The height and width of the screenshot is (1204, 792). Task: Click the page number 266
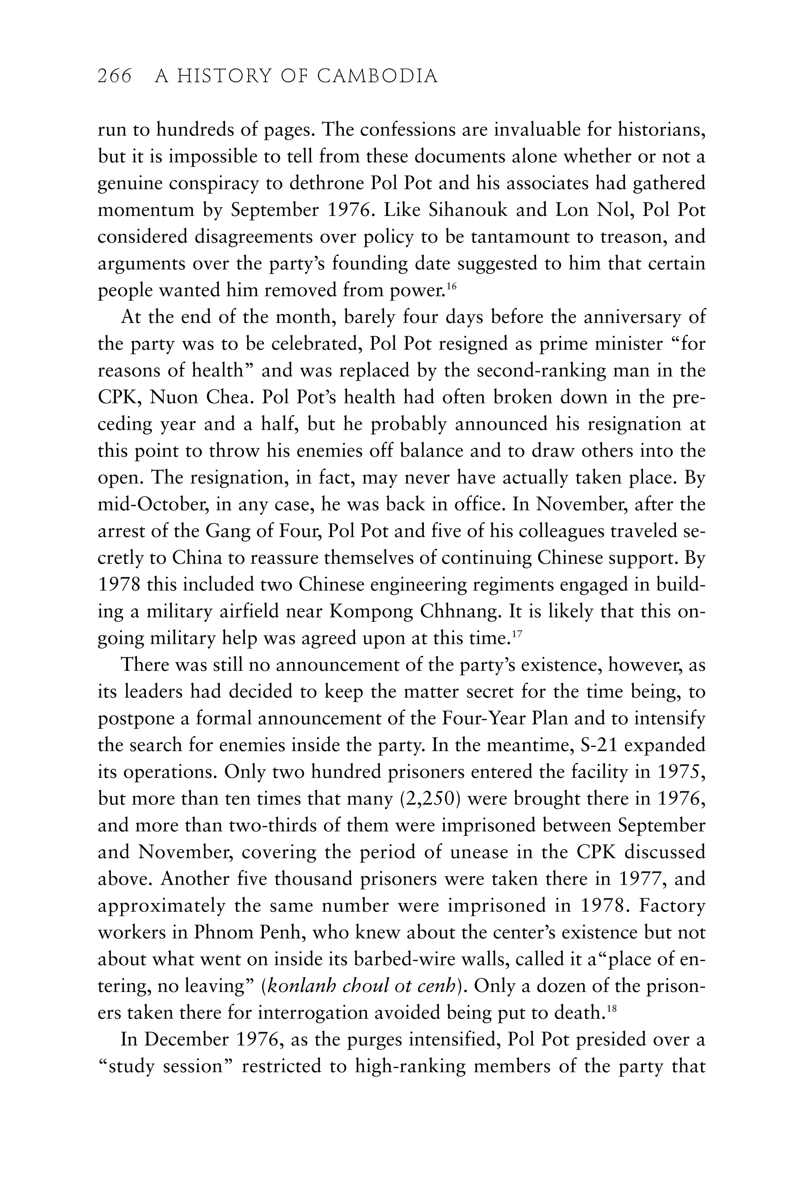click(x=114, y=77)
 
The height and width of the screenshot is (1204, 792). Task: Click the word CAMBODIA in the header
click(x=377, y=77)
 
